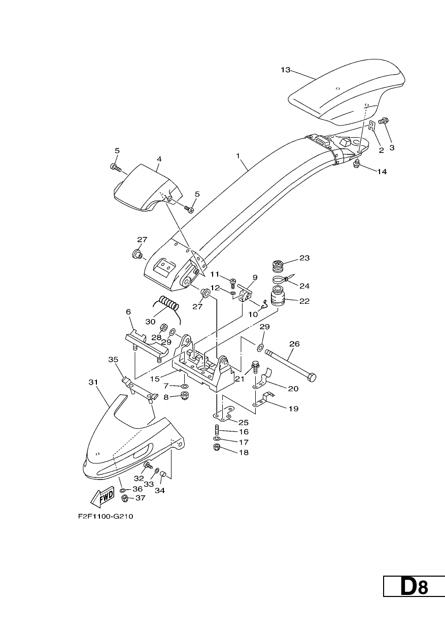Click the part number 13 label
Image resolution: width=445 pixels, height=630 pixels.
[286, 70]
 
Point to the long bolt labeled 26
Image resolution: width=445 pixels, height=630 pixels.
[290, 365]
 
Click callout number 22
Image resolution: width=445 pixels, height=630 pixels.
[304, 301]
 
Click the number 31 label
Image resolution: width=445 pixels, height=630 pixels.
[93, 382]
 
